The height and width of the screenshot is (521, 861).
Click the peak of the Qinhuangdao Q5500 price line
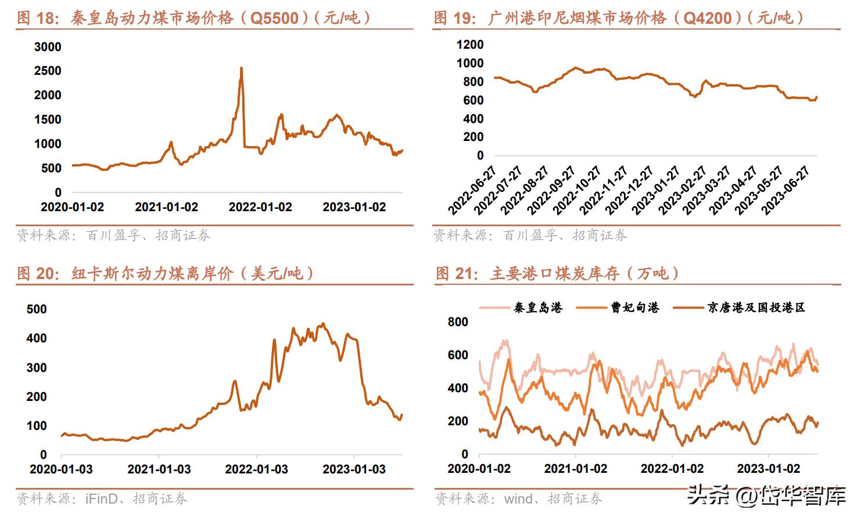click(241, 68)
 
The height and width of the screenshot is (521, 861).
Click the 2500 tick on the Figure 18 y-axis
click(48, 71)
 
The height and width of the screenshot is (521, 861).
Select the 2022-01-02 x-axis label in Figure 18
click(260, 207)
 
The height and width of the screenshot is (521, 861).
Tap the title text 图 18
click(37, 18)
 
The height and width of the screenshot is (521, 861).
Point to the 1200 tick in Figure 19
click(470, 45)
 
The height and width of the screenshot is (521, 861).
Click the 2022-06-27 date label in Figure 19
click(473, 190)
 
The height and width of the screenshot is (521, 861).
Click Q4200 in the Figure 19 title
click(707, 18)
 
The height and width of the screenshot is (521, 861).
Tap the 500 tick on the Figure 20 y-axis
click(37, 309)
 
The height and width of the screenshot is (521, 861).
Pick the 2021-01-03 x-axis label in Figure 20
click(159, 469)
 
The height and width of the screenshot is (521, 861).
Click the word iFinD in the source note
click(102, 498)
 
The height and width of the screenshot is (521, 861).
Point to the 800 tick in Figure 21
click(458, 322)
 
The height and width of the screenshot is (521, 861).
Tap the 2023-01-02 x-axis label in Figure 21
click(768, 469)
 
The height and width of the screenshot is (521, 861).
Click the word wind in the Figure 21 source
click(518, 498)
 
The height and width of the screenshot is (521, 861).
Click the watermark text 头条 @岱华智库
click(766, 495)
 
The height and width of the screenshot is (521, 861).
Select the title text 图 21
click(457, 273)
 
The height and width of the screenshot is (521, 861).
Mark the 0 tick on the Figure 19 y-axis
click(480, 155)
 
